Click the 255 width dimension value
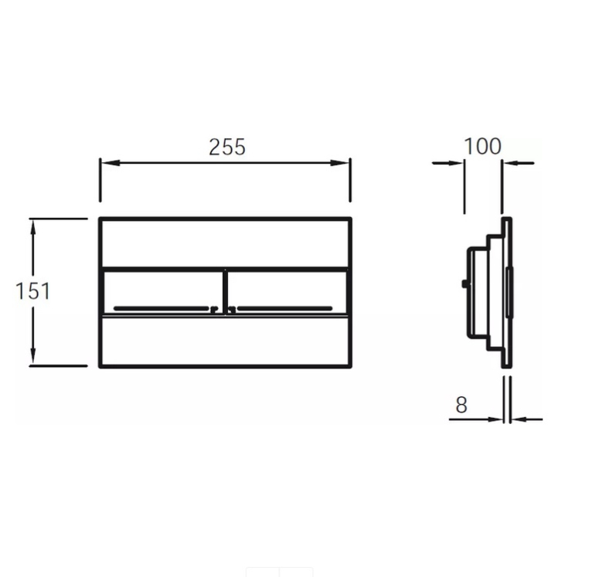pos(227,147)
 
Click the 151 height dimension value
pos(32,291)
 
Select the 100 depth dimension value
pos(482,146)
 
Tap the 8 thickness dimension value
pos(461,405)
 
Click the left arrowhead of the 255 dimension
pos(111,163)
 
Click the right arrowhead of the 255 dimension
pos(339,163)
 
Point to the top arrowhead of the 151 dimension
pos(33,229)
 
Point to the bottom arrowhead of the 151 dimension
pos(33,355)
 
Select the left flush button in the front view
pos(162,292)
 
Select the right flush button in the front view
pos(288,292)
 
